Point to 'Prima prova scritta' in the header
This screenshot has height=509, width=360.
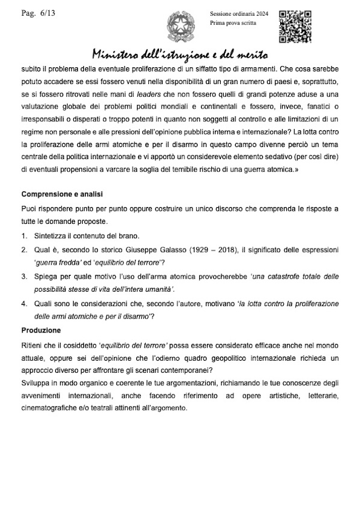coord(232,23)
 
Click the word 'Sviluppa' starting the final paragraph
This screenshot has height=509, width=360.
coord(37,382)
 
